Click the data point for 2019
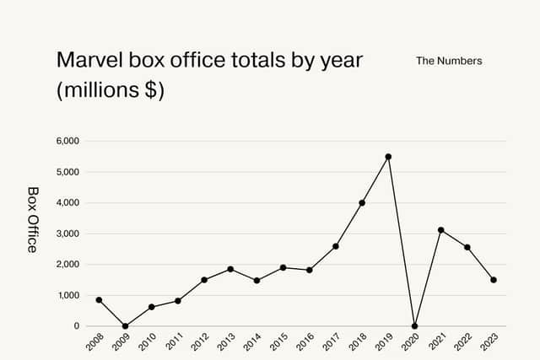[x=388, y=157]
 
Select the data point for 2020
[x=414, y=326]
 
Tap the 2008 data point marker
[x=99, y=299]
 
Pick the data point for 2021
[x=440, y=230]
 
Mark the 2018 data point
[x=362, y=202]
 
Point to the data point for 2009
[x=125, y=326]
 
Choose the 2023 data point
[x=494, y=280]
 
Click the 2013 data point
[x=230, y=269]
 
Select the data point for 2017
[x=336, y=246]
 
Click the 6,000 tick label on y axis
[x=67, y=141]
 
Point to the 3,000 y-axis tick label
[x=67, y=234]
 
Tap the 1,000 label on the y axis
[x=67, y=295]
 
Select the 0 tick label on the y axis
[x=76, y=326]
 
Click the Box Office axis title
[x=32, y=219]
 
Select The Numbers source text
[x=449, y=62]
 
